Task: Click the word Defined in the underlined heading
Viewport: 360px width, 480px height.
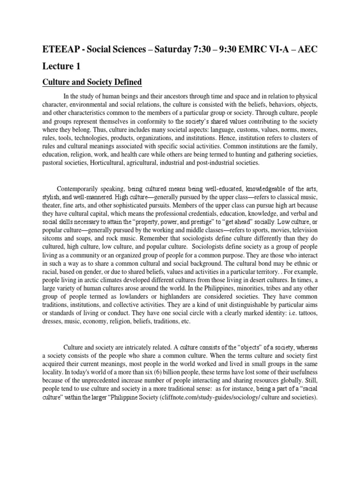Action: (x=126, y=82)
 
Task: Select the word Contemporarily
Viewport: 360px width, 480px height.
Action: (x=80, y=189)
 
